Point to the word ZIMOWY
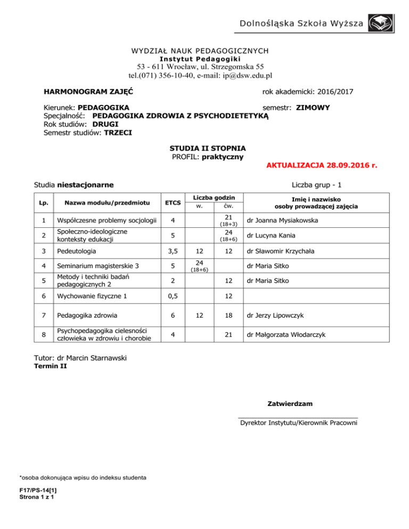(x=313, y=108)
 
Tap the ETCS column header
(x=171, y=202)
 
